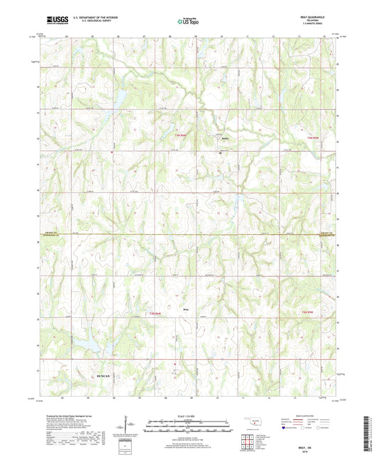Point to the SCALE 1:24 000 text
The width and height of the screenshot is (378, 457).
coord(189,415)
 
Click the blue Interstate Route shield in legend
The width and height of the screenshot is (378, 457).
coord(284,428)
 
